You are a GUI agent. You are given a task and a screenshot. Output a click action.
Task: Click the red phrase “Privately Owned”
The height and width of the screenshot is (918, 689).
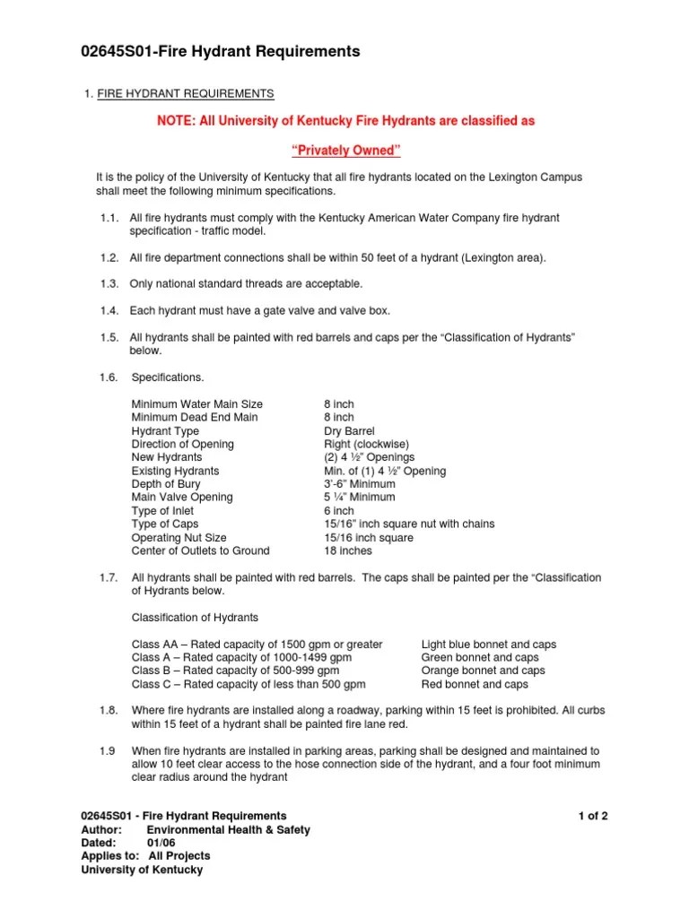343,149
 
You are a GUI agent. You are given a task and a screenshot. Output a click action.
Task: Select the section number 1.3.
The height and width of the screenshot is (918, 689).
109,284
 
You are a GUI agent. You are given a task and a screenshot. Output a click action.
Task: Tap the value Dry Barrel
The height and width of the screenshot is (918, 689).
349,431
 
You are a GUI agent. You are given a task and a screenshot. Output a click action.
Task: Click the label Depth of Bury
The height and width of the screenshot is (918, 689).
166,484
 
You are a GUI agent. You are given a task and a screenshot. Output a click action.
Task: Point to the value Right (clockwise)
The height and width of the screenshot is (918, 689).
368,445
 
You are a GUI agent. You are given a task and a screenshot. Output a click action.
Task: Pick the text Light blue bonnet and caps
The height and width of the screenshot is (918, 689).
489,645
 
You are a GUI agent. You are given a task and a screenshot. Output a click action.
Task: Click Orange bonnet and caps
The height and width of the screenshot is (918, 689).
483,671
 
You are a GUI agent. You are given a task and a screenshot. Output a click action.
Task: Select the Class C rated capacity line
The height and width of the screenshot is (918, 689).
249,684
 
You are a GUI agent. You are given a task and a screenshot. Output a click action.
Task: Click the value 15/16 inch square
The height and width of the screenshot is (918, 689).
368,538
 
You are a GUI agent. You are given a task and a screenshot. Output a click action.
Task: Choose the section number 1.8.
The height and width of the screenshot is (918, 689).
109,711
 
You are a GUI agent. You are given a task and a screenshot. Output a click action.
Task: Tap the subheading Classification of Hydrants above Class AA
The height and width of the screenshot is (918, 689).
195,618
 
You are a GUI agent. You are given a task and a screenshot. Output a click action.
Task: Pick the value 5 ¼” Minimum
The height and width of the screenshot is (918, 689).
359,498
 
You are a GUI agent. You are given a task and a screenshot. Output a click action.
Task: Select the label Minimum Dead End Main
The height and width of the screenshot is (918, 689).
194,418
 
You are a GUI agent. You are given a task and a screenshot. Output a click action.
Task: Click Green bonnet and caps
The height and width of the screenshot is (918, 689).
479,657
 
